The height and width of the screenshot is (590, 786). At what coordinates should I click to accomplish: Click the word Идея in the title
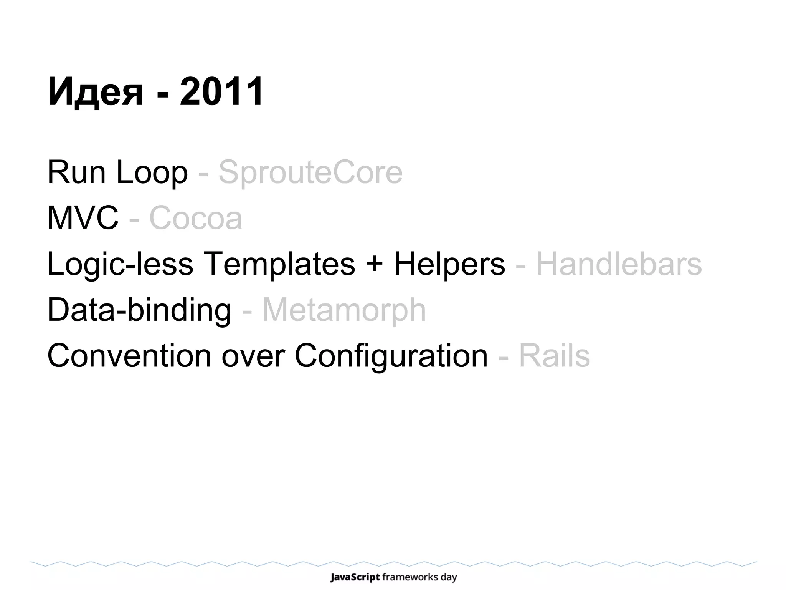pos(95,92)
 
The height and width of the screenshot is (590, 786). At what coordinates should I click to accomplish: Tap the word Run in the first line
pos(76,172)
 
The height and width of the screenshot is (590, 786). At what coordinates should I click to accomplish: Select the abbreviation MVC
pos(83,218)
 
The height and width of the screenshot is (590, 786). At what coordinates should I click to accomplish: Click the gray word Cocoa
pos(195,218)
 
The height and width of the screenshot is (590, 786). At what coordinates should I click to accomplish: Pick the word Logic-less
pos(120,264)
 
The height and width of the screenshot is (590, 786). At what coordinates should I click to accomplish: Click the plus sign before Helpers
pos(374,265)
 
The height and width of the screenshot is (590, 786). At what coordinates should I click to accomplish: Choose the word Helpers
pos(449,264)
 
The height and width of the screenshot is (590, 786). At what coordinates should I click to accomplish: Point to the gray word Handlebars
pos(619,264)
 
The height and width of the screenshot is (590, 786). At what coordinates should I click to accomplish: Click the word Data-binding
pos(139,310)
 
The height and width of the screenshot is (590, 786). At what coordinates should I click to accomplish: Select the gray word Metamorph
pos(344,310)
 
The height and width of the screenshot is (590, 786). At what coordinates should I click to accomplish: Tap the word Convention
pos(129,356)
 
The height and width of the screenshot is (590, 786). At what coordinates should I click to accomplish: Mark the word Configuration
pos(391,356)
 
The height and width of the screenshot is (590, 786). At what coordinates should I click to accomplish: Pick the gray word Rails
pos(554,356)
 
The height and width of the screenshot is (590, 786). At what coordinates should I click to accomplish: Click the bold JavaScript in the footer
pos(355,577)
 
